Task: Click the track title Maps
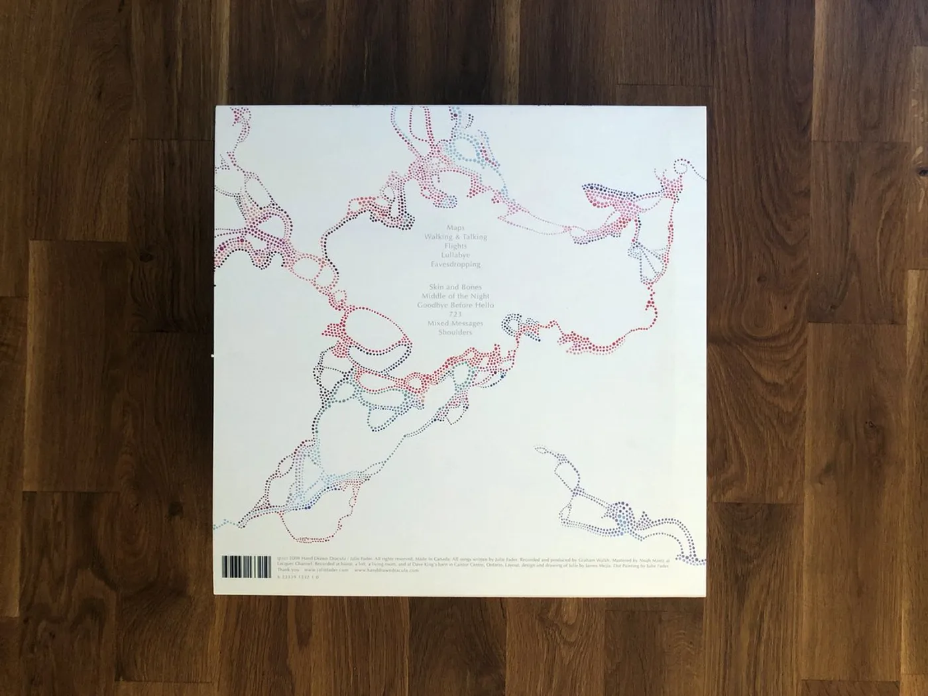click(456, 227)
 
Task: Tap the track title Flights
click(456, 246)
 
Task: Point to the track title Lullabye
click(456, 255)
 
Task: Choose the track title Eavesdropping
click(454, 264)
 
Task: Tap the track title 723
click(455, 314)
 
